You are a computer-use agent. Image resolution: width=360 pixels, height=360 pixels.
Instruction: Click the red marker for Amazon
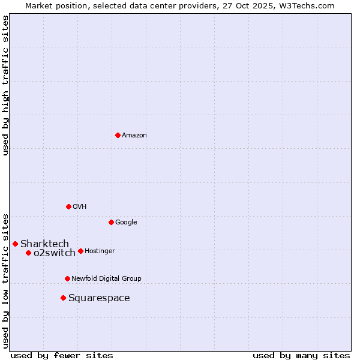point(118,135)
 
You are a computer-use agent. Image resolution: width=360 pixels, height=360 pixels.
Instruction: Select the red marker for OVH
point(68,206)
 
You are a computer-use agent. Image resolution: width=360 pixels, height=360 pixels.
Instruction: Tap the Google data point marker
point(111,222)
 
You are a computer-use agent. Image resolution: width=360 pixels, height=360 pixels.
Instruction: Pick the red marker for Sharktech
point(15,244)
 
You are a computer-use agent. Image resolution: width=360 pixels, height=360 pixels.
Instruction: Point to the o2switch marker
point(28,253)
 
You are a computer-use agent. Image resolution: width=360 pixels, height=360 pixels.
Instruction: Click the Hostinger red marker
point(80,251)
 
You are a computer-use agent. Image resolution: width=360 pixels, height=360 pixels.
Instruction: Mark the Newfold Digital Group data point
point(67,278)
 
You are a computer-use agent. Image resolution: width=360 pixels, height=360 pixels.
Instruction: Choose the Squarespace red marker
point(63,298)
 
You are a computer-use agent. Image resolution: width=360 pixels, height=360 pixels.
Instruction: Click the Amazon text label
point(134,135)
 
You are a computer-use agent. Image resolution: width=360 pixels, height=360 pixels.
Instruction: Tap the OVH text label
point(80,206)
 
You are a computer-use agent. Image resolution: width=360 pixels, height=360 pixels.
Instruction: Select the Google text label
point(126,222)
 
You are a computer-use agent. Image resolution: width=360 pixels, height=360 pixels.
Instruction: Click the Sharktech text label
point(44,244)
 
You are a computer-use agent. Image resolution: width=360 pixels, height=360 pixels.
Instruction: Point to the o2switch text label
point(55,253)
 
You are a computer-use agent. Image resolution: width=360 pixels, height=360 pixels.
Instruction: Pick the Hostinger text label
point(100,251)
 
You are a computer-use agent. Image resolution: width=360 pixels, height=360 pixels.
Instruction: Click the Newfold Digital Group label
point(106,278)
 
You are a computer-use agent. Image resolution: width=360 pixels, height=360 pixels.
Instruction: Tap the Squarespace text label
point(99,298)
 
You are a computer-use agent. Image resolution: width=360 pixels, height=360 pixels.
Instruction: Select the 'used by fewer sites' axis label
point(62,355)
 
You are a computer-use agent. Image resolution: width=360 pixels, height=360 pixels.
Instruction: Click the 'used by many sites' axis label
point(301,355)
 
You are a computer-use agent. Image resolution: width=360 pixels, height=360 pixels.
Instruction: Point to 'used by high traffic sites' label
point(5,85)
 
